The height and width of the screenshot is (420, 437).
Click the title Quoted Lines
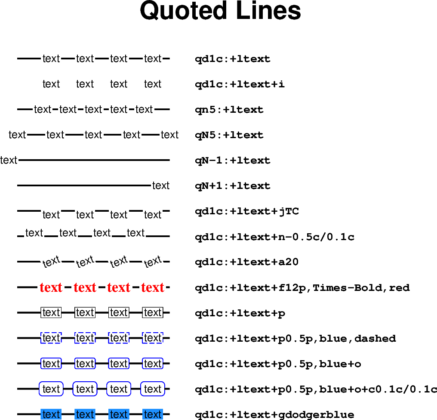220,11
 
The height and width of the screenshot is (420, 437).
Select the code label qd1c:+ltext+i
240,84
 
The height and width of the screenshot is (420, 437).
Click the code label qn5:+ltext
229,110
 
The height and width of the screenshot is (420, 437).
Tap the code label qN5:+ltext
229,135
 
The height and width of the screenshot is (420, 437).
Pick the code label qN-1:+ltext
232,161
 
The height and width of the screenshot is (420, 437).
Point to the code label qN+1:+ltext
232,186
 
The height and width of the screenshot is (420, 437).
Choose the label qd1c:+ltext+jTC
246,211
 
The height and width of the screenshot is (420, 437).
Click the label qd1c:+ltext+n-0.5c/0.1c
274,237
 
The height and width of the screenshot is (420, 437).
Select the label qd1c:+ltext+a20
246,262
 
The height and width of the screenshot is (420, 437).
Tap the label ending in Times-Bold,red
302,287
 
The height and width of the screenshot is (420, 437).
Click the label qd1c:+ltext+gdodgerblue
274,415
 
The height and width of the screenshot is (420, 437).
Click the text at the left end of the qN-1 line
9,161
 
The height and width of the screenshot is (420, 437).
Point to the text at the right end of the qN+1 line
161,186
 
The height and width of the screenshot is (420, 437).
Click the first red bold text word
51,287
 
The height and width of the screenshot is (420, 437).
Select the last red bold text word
153,287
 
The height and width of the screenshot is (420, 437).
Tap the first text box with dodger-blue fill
51,414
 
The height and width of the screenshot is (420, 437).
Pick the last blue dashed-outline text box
153,338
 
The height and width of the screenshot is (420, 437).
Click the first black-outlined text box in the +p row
51,313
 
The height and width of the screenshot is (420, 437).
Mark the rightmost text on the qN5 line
169,135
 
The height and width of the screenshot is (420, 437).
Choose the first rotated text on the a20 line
51,261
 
